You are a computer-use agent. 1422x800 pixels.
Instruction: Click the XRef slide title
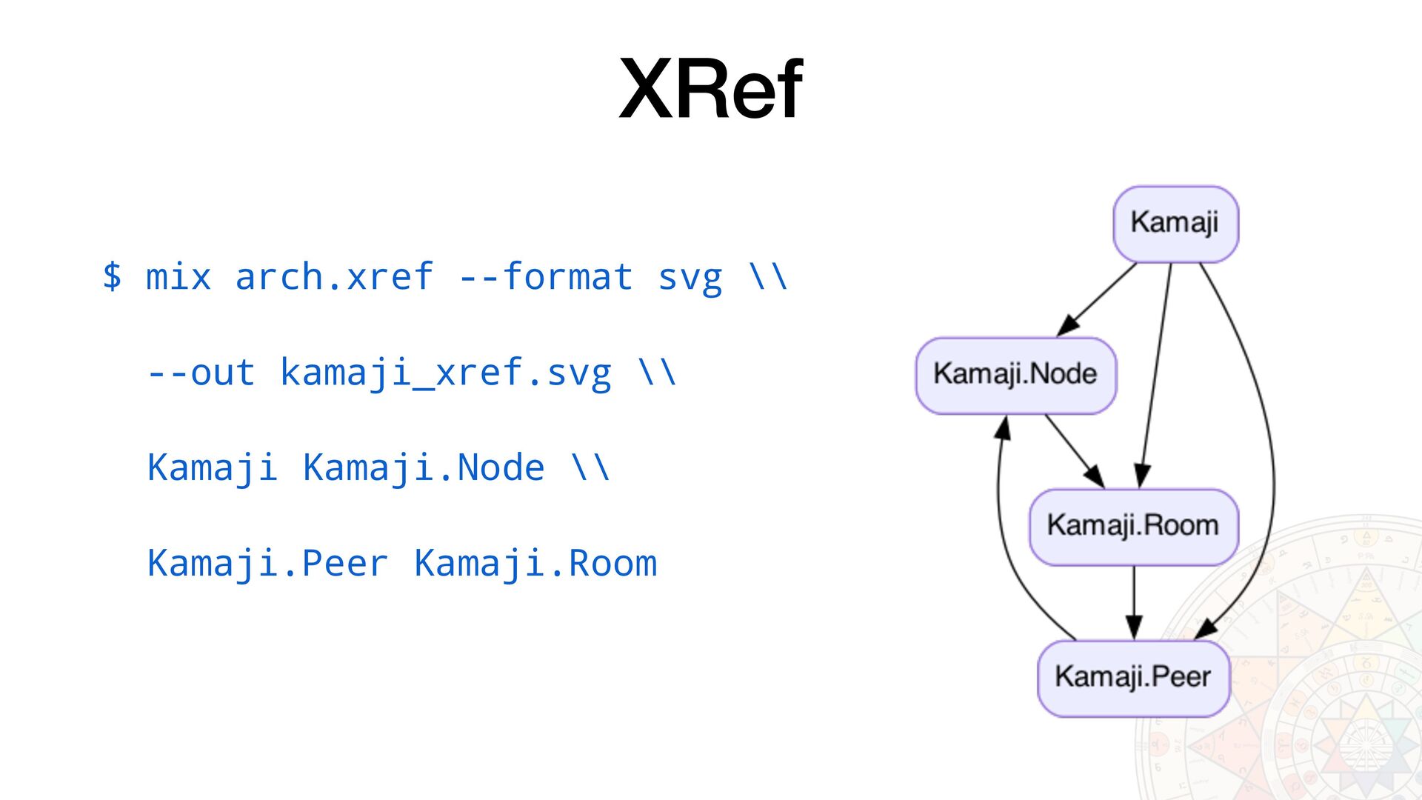711,89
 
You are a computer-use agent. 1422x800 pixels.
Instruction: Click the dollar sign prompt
112,276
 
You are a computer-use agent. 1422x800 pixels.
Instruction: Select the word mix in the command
178,277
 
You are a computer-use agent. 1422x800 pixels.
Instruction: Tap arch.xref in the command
334,277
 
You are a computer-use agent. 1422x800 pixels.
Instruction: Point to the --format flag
546,277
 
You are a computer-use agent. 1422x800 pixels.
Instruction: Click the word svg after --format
690,279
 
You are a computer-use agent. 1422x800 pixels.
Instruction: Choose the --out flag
201,373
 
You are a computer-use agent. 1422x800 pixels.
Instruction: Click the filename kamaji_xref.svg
446,373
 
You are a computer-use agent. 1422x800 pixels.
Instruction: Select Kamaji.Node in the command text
424,468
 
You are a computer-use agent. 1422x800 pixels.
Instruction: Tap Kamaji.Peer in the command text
267,564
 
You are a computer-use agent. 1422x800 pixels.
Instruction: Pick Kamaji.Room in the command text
535,564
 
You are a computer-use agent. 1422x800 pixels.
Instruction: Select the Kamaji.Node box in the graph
1016,376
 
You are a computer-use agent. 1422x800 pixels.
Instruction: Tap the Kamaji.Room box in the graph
1134,527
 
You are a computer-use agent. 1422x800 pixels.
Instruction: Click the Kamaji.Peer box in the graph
1134,679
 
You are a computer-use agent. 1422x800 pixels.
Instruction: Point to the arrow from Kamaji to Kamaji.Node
1096,299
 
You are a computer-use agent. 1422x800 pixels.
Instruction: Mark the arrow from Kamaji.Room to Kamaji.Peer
1134,603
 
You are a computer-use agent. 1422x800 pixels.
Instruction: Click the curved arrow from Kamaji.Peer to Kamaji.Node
1007,533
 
